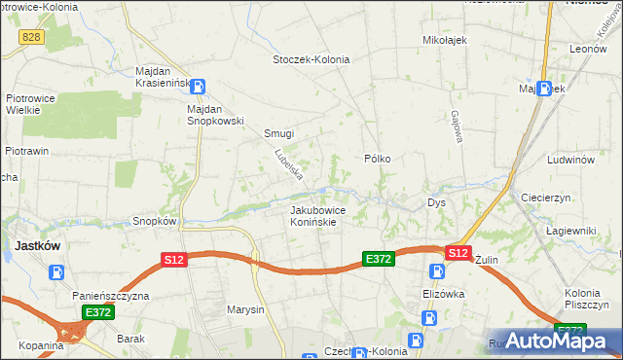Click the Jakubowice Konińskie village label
click(313, 215)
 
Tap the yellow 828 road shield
click(30, 36)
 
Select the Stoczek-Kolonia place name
click(310, 59)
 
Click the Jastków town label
click(37, 246)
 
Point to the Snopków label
click(154, 221)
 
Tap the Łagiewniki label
click(571, 231)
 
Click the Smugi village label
click(279, 134)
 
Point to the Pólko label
click(378, 158)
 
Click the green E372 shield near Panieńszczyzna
click(97, 312)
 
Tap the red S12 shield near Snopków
click(172, 259)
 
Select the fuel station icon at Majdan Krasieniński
click(198, 86)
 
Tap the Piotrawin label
click(27, 151)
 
